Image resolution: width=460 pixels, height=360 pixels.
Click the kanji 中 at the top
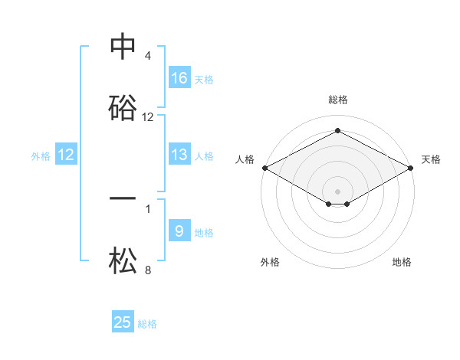(x=123, y=47)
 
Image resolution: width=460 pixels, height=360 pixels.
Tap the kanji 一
(x=123, y=198)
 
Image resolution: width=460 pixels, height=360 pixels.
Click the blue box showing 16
(x=179, y=77)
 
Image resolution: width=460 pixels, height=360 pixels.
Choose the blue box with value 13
(x=179, y=155)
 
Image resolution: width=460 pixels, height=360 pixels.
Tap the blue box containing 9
(x=179, y=231)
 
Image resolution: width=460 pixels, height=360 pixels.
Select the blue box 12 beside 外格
(x=66, y=155)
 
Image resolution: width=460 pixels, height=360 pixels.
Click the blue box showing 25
(x=123, y=322)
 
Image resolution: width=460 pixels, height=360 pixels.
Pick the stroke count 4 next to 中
(x=148, y=56)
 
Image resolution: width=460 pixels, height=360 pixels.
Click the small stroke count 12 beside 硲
(x=148, y=117)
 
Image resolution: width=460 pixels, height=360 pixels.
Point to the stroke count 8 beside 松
(x=148, y=270)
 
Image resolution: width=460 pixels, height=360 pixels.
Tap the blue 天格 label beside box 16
(x=204, y=79)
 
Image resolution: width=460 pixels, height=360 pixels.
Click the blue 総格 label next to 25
(x=147, y=324)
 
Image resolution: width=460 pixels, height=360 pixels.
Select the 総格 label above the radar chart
(x=337, y=100)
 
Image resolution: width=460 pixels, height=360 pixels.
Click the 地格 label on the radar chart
(x=402, y=262)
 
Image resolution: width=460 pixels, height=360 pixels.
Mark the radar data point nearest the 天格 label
(x=412, y=168)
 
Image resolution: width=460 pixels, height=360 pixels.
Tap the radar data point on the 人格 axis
(x=264, y=168)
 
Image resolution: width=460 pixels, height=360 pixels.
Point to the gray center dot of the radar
(x=337, y=191)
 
